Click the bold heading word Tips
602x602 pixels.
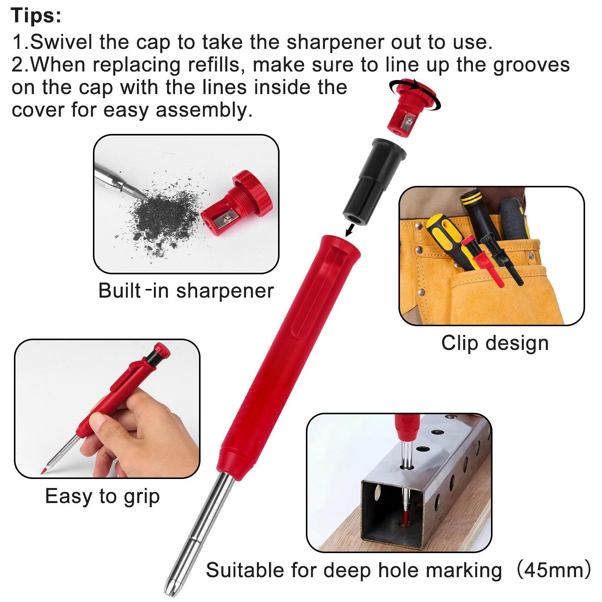pos(36,15)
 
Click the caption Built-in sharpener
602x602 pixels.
pos(186,290)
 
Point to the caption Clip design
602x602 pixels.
pos(495,343)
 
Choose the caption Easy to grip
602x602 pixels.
pos(102,496)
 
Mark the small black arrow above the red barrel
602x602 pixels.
pos(350,228)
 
